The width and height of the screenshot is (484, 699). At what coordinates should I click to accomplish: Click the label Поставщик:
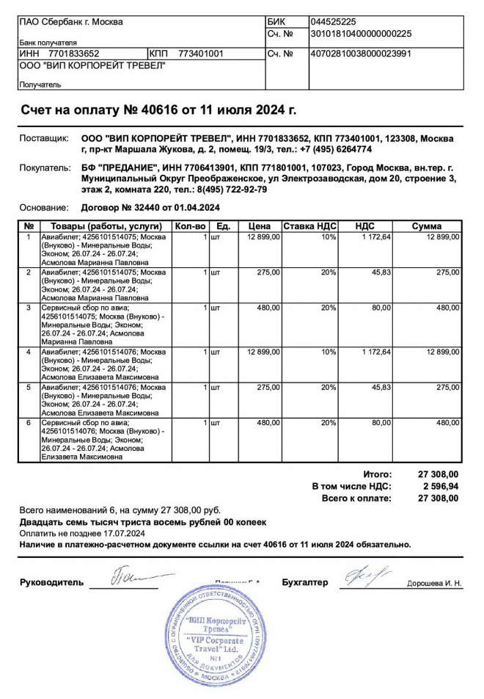click(x=44, y=139)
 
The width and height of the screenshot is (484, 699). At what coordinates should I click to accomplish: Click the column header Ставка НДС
click(x=310, y=226)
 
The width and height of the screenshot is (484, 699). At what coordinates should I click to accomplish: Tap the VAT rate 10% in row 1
click(x=329, y=236)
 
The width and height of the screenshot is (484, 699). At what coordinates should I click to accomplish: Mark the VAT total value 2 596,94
click(x=441, y=486)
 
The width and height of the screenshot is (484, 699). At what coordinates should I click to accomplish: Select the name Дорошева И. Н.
click(x=435, y=584)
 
